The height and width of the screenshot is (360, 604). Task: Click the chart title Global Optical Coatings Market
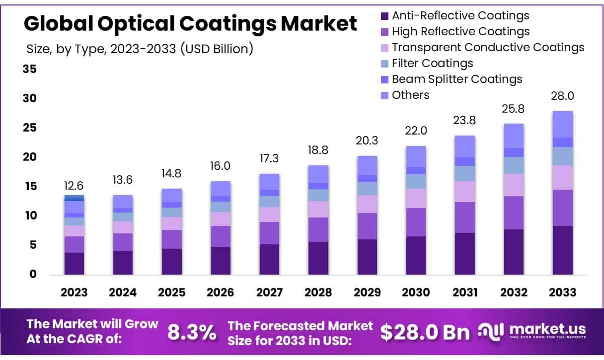point(190,24)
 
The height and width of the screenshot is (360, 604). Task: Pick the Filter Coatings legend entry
point(432,63)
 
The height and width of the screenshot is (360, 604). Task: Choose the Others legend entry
point(410,95)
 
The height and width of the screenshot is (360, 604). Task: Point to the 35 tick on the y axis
point(30,69)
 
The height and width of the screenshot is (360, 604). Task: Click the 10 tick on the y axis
point(30,216)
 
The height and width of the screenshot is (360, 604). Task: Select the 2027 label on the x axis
point(269,292)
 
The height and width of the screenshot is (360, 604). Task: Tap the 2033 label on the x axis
point(563,292)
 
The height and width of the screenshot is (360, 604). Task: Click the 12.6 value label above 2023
point(74,186)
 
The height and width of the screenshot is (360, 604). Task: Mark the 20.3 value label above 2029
point(367,141)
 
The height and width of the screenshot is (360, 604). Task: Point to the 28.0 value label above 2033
point(563,96)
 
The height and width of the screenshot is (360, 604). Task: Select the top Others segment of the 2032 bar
point(514,136)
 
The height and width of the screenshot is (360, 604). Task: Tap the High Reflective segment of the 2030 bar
point(416,222)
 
